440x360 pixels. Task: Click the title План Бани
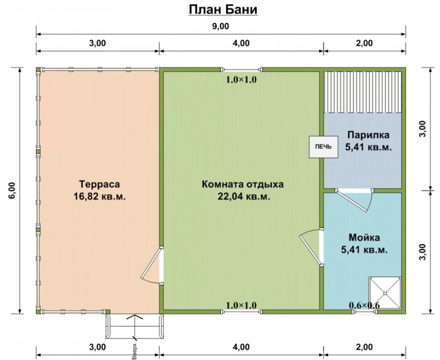click(223, 10)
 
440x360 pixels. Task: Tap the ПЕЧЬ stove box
click(323, 147)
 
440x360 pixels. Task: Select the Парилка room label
click(368, 135)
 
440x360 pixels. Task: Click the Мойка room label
click(364, 237)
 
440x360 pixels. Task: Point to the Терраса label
click(99, 184)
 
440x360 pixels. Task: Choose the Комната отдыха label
click(243, 184)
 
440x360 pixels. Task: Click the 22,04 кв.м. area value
click(244, 196)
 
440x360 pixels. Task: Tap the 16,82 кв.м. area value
click(99, 196)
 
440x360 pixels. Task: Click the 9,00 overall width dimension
click(220, 26)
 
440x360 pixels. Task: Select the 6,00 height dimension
click(13, 191)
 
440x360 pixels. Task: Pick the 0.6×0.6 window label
click(364, 305)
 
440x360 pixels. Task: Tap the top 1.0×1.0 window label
click(241, 80)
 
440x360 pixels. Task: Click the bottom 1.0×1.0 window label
click(241, 305)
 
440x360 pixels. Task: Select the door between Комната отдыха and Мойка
click(312, 247)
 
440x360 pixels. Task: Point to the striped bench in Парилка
click(363, 92)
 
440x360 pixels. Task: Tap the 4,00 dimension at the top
click(241, 43)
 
